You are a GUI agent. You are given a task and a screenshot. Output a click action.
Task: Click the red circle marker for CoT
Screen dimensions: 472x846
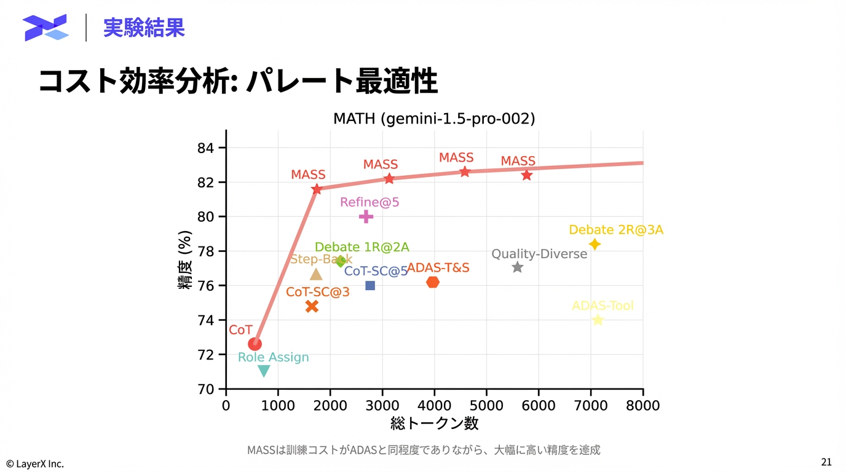click(255, 344)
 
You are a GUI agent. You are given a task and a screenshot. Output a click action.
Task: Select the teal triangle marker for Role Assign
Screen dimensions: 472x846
click(264, 371)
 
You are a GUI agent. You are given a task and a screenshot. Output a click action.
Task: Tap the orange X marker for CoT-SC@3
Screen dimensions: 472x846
click(312, 306)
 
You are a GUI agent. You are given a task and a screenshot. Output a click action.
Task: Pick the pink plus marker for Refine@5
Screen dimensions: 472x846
click(366, 216)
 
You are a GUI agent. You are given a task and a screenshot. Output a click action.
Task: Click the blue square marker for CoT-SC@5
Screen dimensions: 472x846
click(370, 285)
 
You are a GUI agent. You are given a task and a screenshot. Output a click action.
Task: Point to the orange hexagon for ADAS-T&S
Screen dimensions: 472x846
click(433, 282)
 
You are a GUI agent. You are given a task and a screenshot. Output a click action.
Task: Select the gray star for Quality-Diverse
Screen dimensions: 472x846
click(518, 267)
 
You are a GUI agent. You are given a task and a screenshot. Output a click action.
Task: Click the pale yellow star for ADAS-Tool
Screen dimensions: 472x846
click(598, 320)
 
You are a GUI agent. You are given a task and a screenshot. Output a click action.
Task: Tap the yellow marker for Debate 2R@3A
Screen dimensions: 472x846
click(595, 244)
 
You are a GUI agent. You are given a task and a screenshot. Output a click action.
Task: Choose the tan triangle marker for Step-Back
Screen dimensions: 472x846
click(316, 275)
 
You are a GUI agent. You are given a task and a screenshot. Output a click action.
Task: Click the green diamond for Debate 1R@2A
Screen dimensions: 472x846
click(341, 261)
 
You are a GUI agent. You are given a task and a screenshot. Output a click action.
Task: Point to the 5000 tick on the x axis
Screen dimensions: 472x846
click(486, 406)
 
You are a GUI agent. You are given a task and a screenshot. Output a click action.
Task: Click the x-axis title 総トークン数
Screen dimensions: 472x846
click(434, 423)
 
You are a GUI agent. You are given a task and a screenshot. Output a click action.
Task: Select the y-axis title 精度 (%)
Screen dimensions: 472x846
click(185, 259)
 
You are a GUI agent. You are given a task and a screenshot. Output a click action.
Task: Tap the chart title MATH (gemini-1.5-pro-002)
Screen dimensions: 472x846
click(434, 119)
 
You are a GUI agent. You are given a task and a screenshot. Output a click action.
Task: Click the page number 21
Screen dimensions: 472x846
click(826, 462)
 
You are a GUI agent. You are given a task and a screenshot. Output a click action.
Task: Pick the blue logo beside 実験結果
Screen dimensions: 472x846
click(45, 28)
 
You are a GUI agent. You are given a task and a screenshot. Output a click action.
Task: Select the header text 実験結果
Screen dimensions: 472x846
click(144, 28)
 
